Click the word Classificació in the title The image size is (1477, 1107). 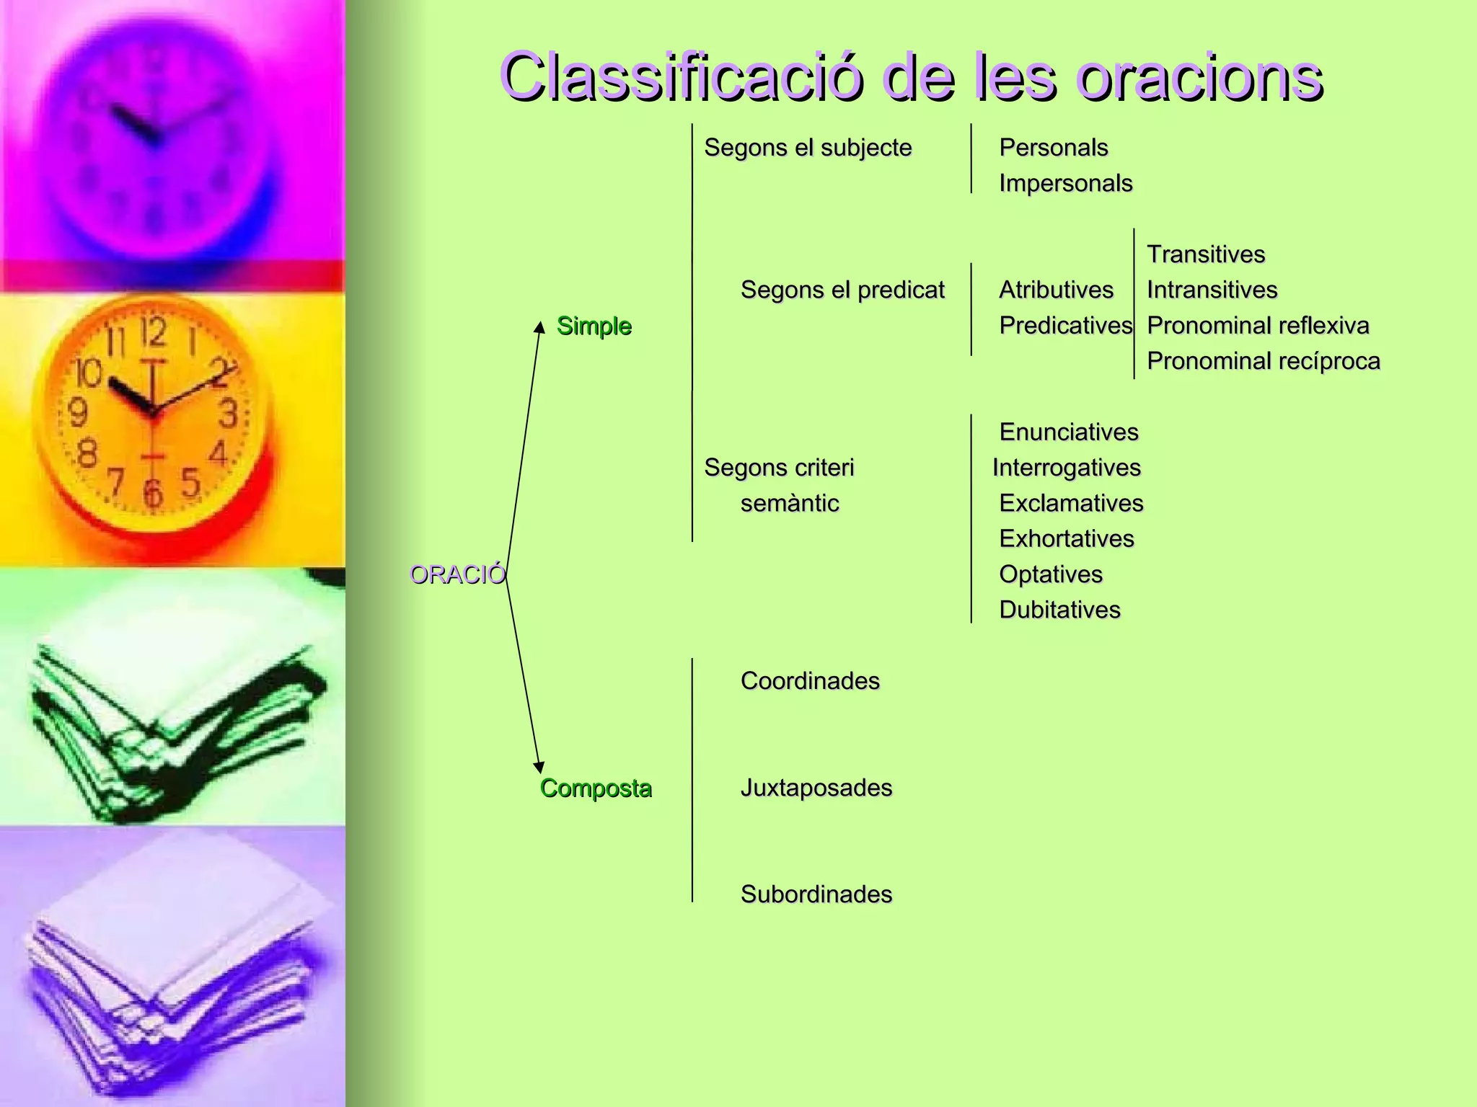[681, 78]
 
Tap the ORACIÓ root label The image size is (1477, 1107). [457, 574]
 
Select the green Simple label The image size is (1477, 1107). [594, 326]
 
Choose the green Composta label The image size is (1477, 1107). [596, 788]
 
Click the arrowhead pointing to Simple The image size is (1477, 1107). [539, 328]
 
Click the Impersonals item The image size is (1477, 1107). [1065, 183]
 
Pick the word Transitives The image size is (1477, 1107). [1206, 254]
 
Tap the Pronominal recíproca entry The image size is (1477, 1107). [1263, 361]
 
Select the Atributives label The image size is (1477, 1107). [1056, 290]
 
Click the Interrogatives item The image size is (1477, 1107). [1066, 468]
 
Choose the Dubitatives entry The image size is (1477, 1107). [1059, 610]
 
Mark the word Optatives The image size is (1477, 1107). [1051, 574]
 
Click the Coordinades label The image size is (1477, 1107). [810, 681]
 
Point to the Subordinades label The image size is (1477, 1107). [816, 894]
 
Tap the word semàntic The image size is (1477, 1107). [790, 503]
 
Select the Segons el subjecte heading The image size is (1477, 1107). [808, 148]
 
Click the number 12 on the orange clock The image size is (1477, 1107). [154, 332]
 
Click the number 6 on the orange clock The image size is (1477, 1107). [152, 494]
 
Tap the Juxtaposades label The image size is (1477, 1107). [816, 788]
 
